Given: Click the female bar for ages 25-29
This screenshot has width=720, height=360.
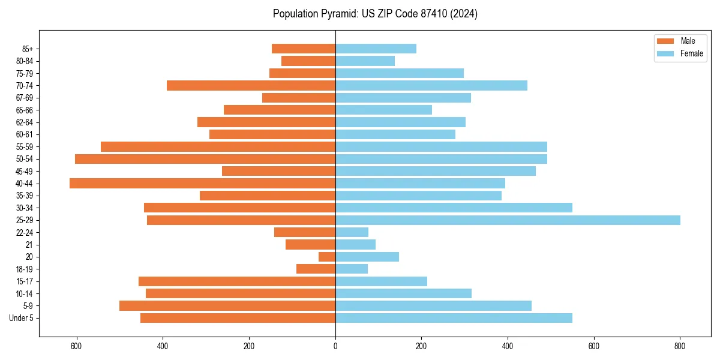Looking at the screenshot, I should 508,220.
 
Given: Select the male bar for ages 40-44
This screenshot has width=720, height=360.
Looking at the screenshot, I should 202,184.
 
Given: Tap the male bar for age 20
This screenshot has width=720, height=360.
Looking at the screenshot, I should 327,257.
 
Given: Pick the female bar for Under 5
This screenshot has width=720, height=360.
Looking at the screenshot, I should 454,318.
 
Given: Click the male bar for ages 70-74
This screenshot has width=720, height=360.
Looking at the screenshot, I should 251,86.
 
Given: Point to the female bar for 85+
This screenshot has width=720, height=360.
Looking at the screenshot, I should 376,49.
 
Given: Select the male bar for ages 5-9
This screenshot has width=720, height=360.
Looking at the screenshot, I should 227,306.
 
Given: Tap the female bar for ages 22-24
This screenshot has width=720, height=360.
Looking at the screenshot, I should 352,232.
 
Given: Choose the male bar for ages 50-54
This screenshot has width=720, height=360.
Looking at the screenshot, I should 205,159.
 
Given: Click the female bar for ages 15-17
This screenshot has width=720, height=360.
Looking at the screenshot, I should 381,281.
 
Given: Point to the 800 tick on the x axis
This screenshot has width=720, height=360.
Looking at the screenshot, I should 680,346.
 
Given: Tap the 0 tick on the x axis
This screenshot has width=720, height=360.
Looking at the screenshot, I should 335,346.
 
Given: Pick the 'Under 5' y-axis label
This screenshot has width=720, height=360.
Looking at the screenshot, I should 22,318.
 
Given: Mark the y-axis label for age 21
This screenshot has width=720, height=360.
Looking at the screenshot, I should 29,245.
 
